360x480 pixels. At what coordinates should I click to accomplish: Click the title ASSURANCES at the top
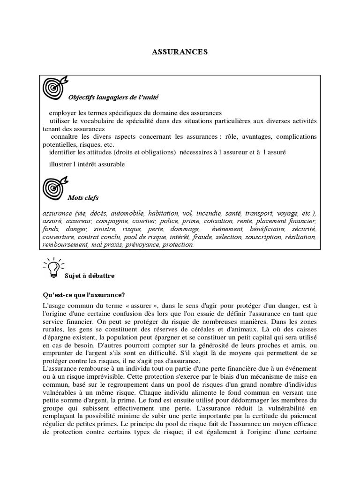[x=180, y=52]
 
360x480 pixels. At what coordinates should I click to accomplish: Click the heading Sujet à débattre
[x=92, y=276]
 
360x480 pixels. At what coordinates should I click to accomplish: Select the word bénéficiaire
[x=268, y=229]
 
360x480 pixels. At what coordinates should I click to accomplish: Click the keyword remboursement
[x=65, y=245]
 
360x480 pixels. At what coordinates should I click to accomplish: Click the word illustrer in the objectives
[x=62, y=164]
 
